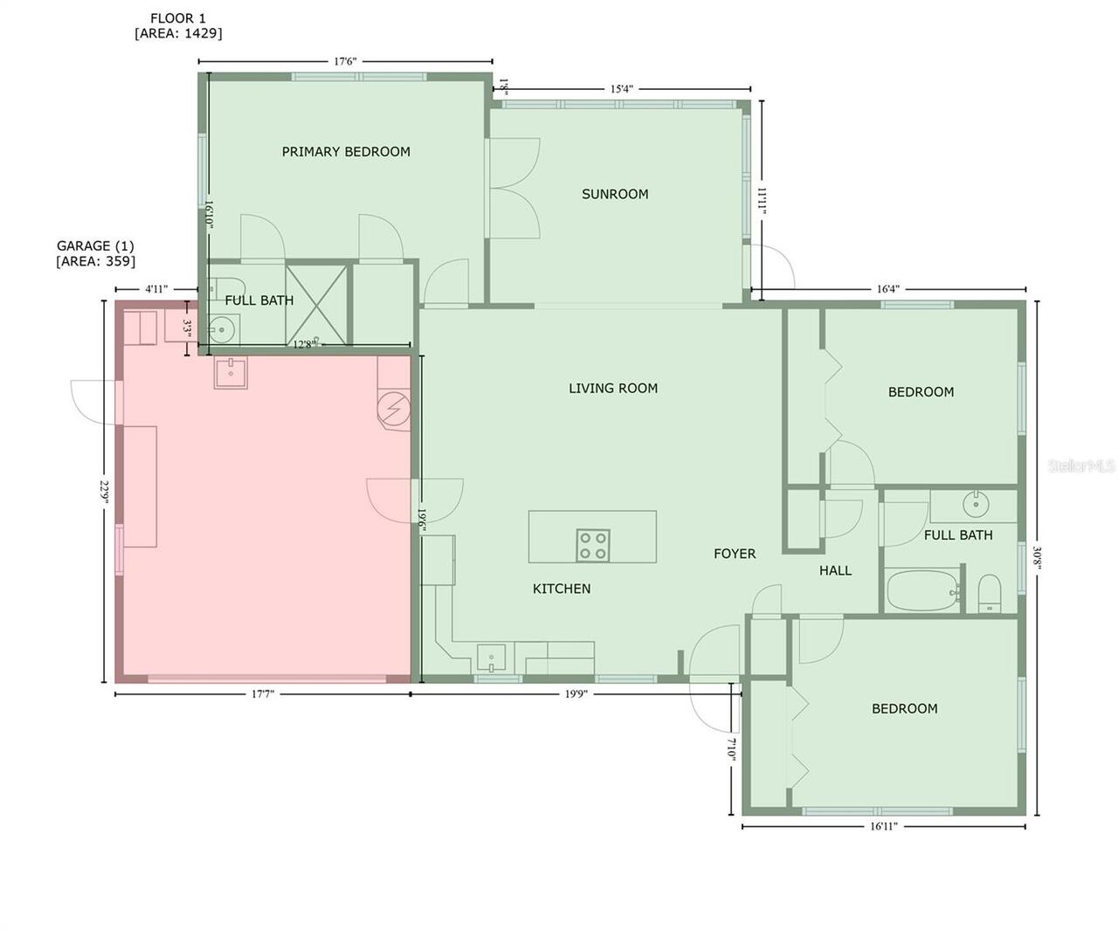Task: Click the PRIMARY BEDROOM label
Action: (346, 152)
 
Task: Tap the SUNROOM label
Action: (615, 194)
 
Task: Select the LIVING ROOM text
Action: (613, 389)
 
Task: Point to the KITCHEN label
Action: (562, 589)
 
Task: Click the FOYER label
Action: (735, 554)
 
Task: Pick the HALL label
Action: (835, 570)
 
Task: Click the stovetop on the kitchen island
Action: (592, 546)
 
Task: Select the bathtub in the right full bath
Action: (922, 591)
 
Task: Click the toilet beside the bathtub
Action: (990, 594)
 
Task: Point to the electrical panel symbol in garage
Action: (394, 408)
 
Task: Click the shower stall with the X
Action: (316, 303)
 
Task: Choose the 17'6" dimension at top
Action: (345, 61)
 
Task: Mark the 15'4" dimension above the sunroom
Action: (621, 88)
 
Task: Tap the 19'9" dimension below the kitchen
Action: (576, 694)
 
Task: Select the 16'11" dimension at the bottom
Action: (883, 826)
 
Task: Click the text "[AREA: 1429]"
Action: (178, 33)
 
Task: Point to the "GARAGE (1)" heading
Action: (95, 246)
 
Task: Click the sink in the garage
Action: (231, 373)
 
